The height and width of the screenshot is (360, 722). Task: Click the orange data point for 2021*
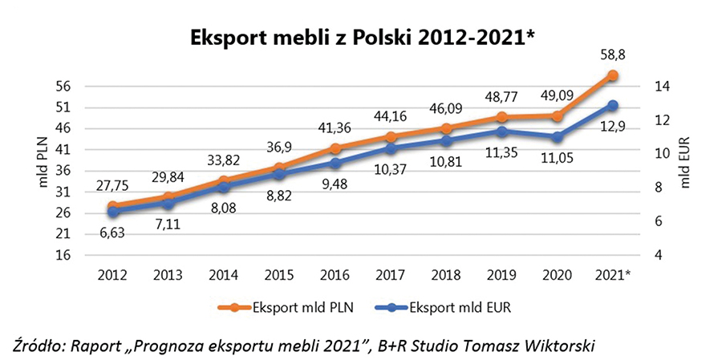[x=612, y=75]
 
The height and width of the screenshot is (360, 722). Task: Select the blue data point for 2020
[x=556, y=137]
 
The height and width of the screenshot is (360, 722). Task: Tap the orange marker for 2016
[x=335, y=148]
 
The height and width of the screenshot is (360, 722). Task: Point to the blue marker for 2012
[x=113, y=212]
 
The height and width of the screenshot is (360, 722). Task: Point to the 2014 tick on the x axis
[x=224, y=275]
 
